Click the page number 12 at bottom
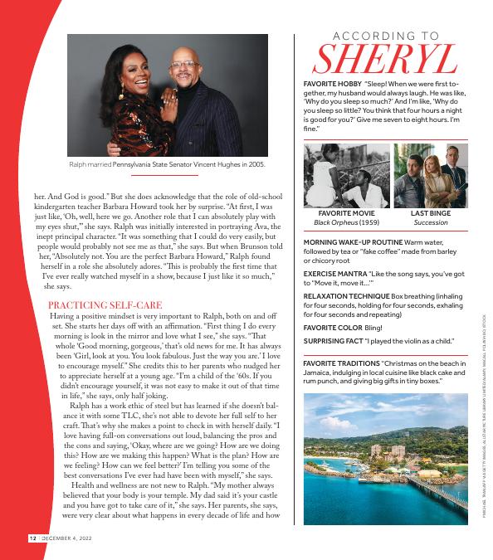point(32,538)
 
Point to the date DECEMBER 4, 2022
point(70,538)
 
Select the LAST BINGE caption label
point(430,213)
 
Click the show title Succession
point(430,223)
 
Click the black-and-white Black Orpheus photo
point(346,175)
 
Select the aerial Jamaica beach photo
point(386,458)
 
